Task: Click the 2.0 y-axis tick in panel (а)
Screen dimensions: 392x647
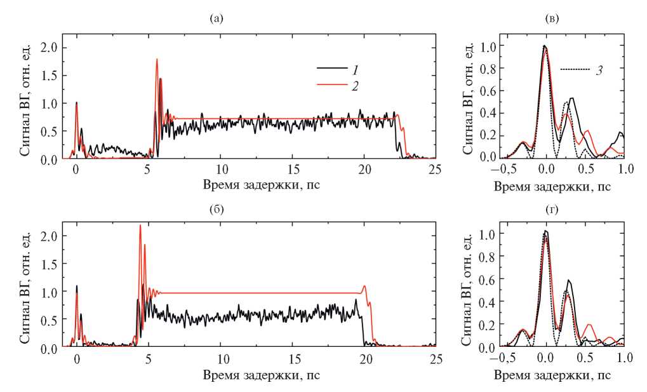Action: pos(49,48)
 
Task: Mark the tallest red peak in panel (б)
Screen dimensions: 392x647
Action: pos(140,226)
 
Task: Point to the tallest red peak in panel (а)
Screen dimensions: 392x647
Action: pos(156,60)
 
